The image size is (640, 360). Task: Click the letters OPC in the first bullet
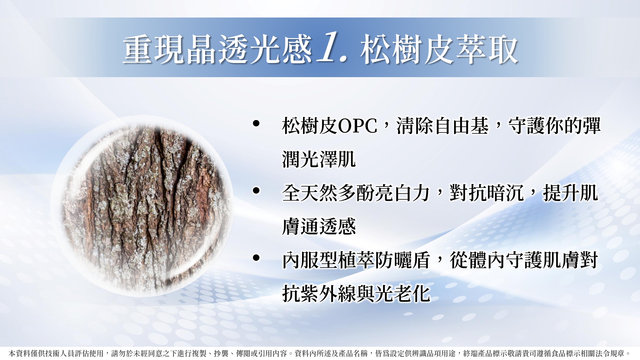coord(358,126)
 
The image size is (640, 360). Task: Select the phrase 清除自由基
coord(443,126)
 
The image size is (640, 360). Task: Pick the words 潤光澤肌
coord(319,159)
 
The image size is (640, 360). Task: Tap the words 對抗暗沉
coord(486,193)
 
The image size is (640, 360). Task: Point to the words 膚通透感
coord(319,226)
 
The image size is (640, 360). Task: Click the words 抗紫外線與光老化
coord(356,293)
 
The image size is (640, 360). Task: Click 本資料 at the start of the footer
coord(20,353)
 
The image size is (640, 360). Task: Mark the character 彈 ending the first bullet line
coord(591,126)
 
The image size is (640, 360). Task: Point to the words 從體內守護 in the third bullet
coord(496,260)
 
